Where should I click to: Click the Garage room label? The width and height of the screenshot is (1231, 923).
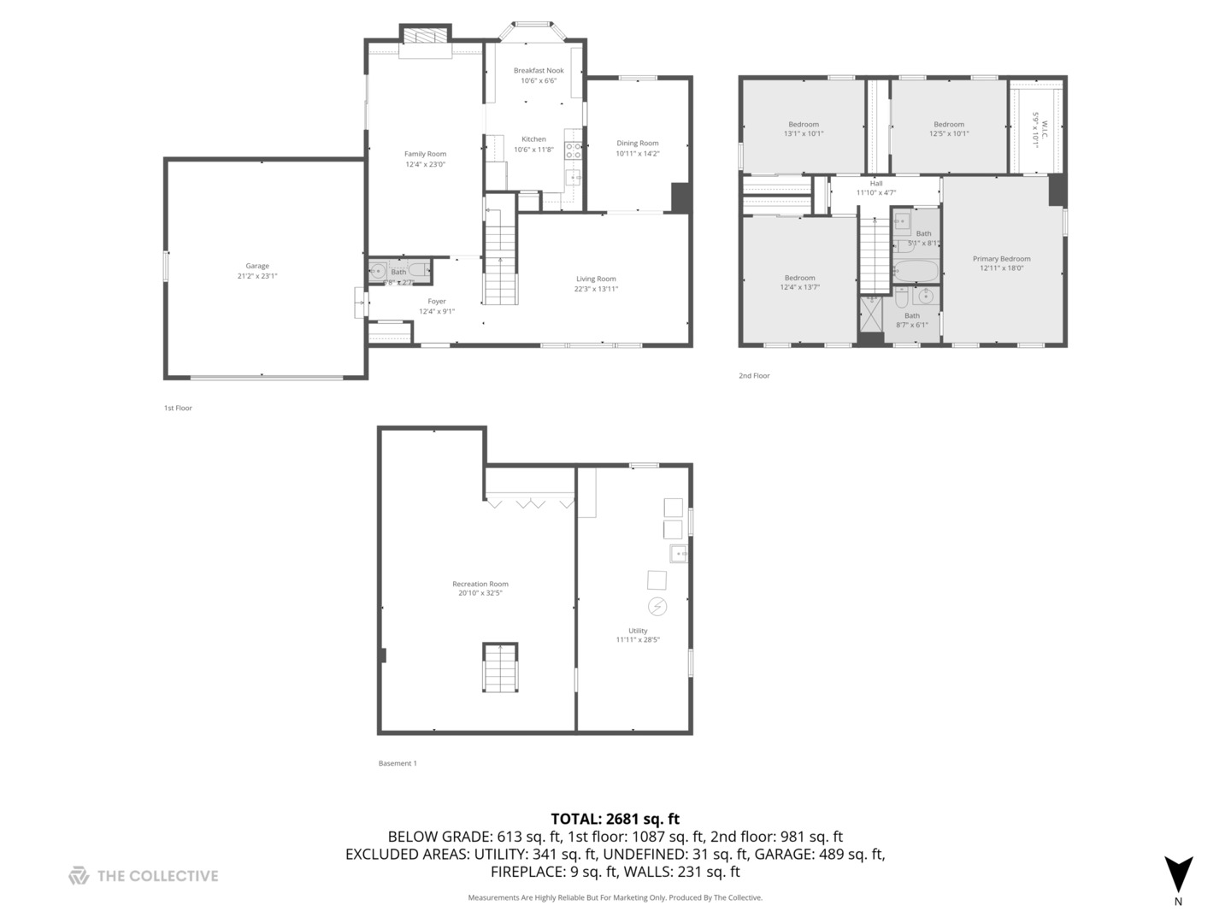(x=257, y=266)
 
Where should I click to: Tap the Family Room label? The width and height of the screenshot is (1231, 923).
(x=425, y=154)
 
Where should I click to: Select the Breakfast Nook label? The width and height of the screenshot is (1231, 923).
(x=539, y=70)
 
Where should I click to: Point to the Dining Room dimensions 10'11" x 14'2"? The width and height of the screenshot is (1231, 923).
(x=638, y=154)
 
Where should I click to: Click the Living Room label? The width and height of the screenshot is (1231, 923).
(x=596, y=279)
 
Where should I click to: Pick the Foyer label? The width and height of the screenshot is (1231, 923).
(x=437, y=301)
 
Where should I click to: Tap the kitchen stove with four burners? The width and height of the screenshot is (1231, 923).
(x=573, y=151)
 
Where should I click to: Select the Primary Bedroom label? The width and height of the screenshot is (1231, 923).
(x=1001, y=258)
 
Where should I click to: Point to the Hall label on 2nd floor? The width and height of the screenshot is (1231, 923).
(x=876, y=183)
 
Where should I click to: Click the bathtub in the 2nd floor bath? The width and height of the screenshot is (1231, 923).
(x=916, y=273)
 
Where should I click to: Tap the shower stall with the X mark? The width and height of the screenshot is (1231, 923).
(x=871, y=313)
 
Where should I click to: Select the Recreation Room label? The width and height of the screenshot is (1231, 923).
(x=480, y=584)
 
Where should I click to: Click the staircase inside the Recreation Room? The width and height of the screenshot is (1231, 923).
(x=500, y=667)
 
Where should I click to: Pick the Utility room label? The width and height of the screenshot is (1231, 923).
(x=638, y=630)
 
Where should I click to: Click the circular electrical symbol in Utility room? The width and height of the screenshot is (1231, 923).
(x=657, y=607)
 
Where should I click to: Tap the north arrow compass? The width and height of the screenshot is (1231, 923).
(x=1179, y=874)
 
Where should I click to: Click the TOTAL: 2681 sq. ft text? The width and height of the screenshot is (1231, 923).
(x=615, y=819)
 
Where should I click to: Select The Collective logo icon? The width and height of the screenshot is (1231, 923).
(x=79, y=875)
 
